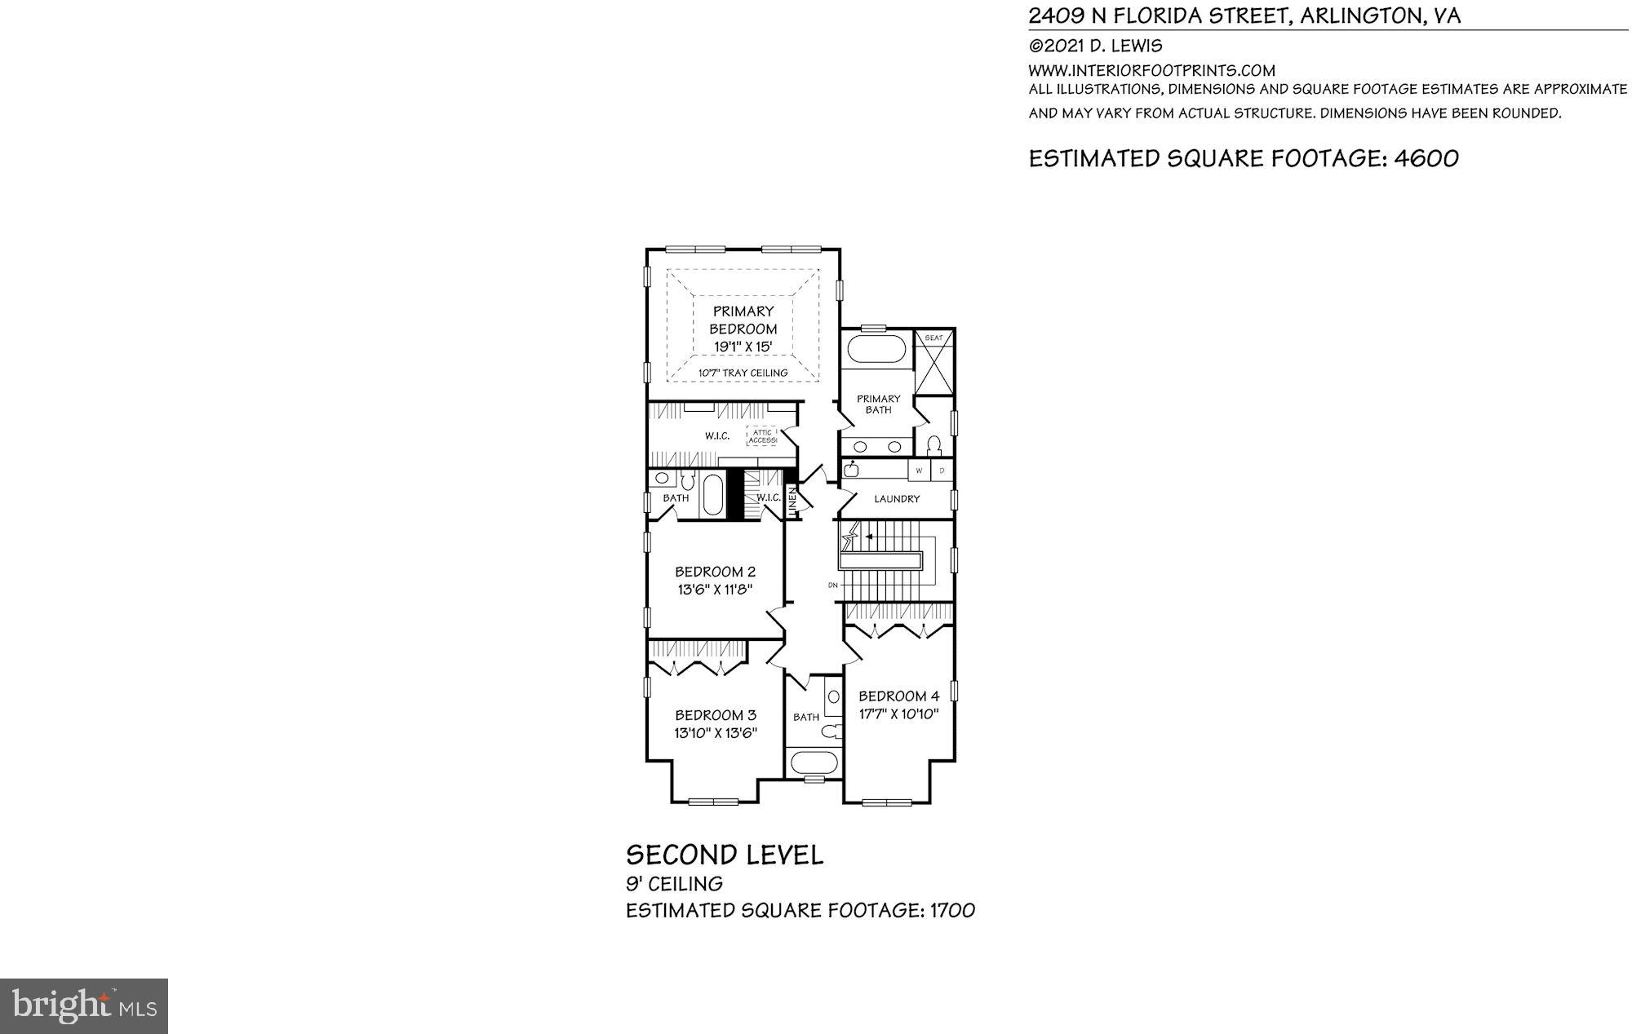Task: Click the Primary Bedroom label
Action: pyautogui.click(x=743, y=320)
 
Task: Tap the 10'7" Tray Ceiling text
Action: pyautogui.click(x=743, y=373)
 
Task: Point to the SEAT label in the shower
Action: pyautogui.click(x=934, y=338)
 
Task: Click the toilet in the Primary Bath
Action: pyautogui.click(x=934, y=445)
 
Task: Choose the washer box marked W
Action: pyautogui.click(x=919, y=471)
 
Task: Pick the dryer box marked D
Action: pyautogui.click(x=942, y=471)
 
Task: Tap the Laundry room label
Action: pyautogui.click(x=897, y=498)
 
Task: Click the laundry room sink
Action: pyautogui.click(x=852, y=469)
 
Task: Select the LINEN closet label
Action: pyautogui.click(x=792, y=501)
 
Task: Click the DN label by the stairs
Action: pyautogui.click(x=833, y=585)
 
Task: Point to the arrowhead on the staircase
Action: pyautogui.click(x=869, y=537)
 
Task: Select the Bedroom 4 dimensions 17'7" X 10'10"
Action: pyautogui.click(x=898, y=714)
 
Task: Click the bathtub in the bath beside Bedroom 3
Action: pyautogui.click(x=813, y=764)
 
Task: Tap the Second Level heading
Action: pyautogui.click(x=725, y=855)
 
